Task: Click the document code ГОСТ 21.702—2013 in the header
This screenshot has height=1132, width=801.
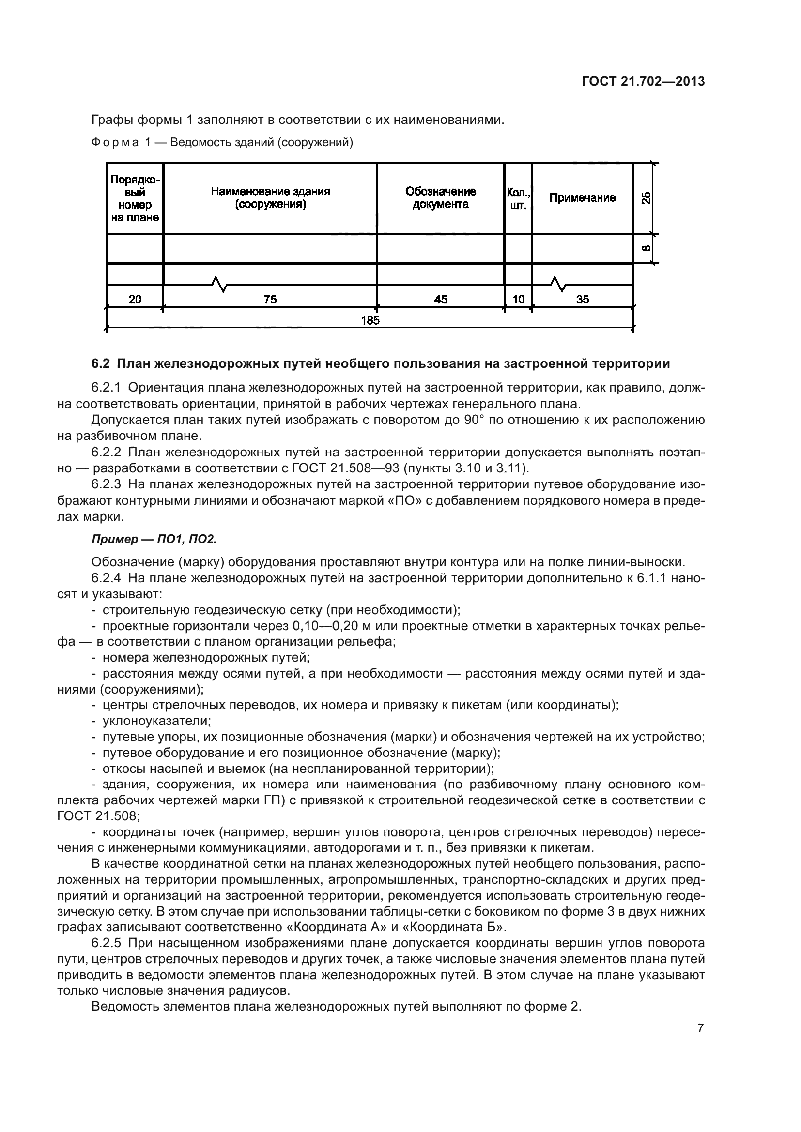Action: (643, 81)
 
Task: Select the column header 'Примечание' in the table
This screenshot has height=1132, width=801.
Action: (582, 198)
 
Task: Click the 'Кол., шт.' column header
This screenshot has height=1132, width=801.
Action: (518, 198)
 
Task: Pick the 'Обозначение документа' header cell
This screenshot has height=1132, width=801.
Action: (440, 198)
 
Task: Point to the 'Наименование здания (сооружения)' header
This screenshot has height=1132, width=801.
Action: (270, 198)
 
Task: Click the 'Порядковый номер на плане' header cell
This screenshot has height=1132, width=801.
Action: (135, 198)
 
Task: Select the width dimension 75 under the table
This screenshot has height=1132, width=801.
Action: (270, 299)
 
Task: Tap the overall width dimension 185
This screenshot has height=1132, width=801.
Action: (370, 320)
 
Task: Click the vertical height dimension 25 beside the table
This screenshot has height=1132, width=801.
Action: (646, 198)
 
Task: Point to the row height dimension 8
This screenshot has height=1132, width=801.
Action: (646, 248)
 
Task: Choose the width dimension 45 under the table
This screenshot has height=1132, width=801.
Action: (440, 299)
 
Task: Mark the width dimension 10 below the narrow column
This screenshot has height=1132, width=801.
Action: (518, 299)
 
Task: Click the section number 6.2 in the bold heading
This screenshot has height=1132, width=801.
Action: (100, 364)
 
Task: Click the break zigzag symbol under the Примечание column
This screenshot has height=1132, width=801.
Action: (558, 284)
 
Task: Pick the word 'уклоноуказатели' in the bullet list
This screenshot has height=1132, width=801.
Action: (156, 721)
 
